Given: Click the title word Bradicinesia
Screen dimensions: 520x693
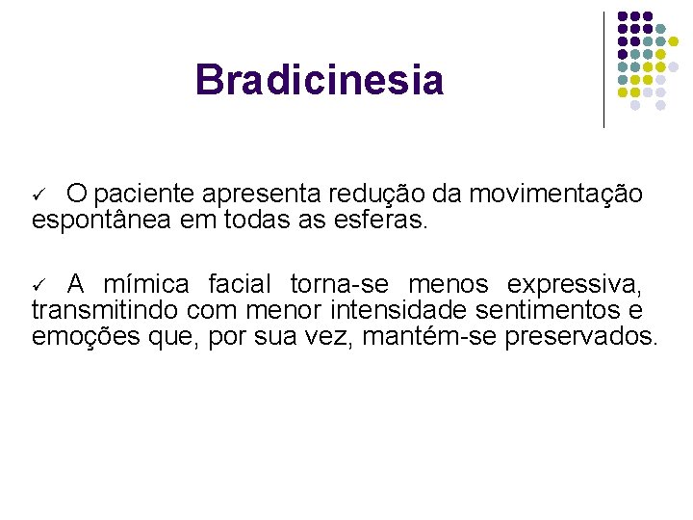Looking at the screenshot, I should [x=319, y=80].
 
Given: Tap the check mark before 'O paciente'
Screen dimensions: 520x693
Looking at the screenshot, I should [x=38, y=195].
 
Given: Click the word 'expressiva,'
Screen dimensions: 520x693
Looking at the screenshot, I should [x=575, y=285].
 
